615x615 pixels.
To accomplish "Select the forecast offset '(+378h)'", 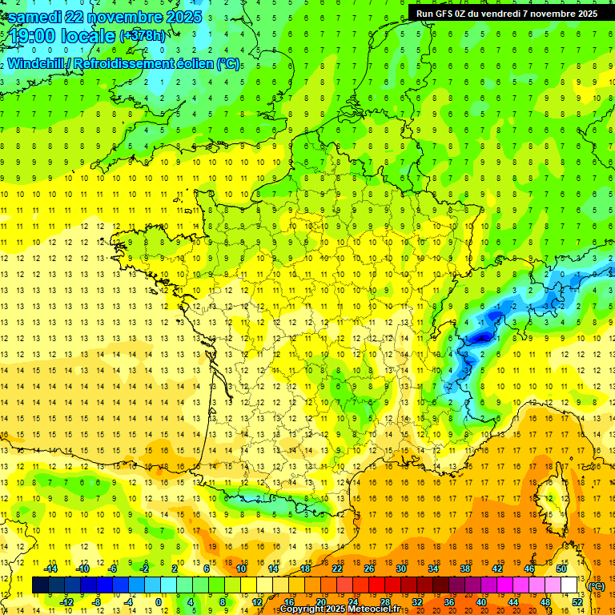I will pos(143,36).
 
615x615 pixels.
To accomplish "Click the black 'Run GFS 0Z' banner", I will pos(507,14).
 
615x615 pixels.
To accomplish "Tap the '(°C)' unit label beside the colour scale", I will pos(597,586).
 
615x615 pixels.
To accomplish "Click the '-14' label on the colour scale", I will pos(50,569).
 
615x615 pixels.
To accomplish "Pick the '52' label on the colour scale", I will pos(577,601).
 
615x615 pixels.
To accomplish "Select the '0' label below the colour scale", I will pos(159,601).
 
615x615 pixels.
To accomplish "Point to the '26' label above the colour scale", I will pos(369,569).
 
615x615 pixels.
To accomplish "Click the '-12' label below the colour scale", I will pos(66,601).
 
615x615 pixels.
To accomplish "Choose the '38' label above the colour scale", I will pos(464,569).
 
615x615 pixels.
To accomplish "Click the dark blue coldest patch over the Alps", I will pos(481,339).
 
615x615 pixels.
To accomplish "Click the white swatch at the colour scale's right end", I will pos(569,585).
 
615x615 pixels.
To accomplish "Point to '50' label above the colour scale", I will pos(561,569).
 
